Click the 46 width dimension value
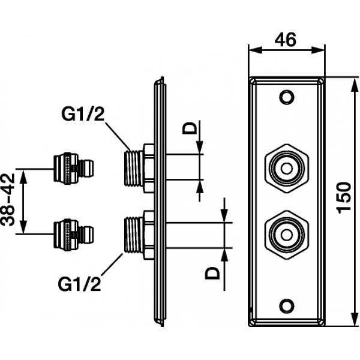[286, 40]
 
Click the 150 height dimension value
[344, 197]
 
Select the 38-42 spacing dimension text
[7, 200]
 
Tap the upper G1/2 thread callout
[83, 114]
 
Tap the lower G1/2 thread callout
[79, 284]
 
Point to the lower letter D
[212, 273]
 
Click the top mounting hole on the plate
[287, 97]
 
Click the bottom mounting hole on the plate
[287, 305]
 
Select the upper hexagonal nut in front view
[287, 169]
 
